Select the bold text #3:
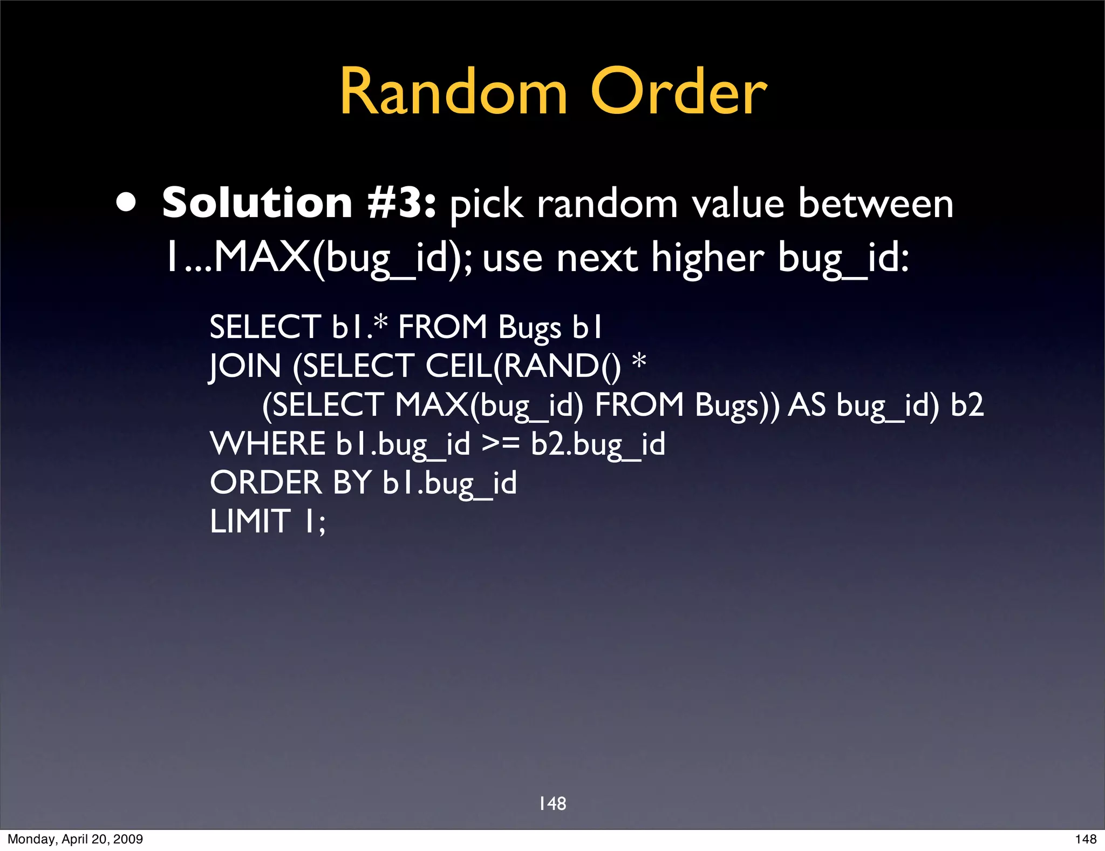(401, 203)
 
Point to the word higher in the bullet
(707, 258)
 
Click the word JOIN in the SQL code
(245, 366)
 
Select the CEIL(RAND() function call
(523, 366)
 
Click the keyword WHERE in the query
(267, 444)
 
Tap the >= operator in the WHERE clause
(500, 444)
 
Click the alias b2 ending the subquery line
(967, 405)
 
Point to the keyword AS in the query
(807, 405)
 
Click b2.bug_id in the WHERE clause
(598, 444)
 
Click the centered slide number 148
(552, 803)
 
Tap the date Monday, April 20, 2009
(75, 839)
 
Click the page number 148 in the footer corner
(1086, 839)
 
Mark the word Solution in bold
(257, 203)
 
